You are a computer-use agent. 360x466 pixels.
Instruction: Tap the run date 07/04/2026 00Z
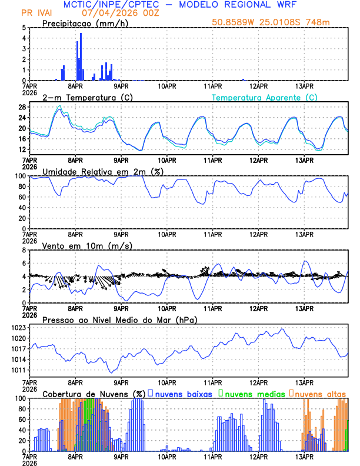click(x=116, y=12)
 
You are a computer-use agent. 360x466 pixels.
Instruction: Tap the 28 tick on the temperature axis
click(x=21, y=107)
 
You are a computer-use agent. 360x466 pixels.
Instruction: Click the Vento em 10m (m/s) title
click(x=87, y=245)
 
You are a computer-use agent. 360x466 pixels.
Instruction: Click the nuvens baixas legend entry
click(x=184, y=393)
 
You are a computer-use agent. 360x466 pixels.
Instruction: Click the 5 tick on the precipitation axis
click(x=24, y=28)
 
